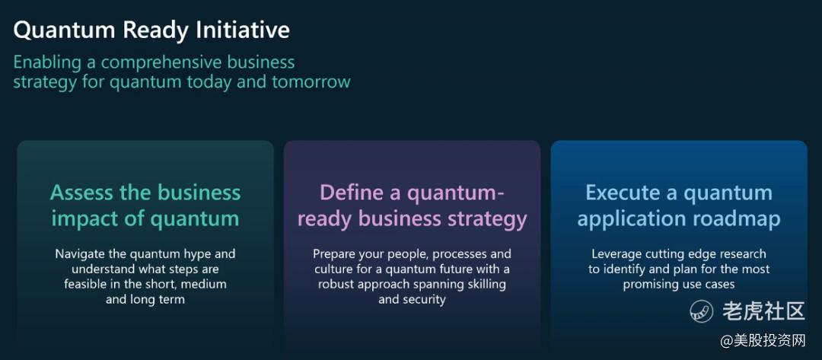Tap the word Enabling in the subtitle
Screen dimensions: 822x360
pos(47,62)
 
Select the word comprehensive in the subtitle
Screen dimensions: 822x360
pos(163,63)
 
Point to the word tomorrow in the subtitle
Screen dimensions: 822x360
pos(311,82)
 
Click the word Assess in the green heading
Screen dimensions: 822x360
pos(82,193)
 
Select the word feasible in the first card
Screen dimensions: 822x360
pos(84,285)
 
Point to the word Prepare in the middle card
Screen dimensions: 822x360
pos(333,255)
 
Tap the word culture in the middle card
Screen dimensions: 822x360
pos(333,270)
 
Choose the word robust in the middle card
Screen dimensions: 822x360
pos(336,285)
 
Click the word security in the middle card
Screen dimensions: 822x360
pos(424,300)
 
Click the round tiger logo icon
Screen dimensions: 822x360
pos(702,312)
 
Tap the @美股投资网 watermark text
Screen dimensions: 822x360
pos(763,341)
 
